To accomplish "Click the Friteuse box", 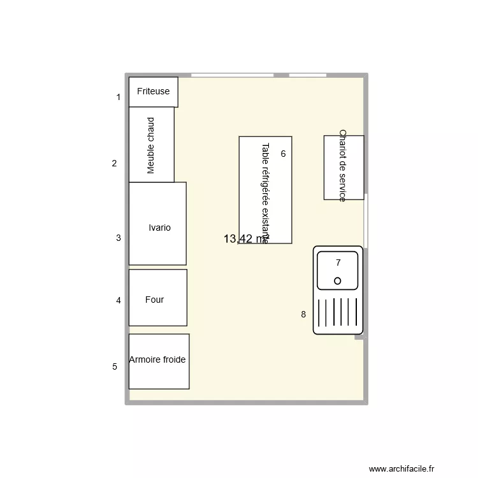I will (x=153, y=92).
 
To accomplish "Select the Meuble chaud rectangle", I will (x=151, y=145).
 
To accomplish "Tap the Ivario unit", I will (x=157, y=224).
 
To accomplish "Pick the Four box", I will (x=157, y=298).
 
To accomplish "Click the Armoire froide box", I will (x=159, y=361).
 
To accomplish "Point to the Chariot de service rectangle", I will (x=344, y=167).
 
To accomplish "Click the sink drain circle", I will (x=337, y=280).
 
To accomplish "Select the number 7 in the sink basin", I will (x=338, y=263).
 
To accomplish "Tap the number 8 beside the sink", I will (x=303, y=314).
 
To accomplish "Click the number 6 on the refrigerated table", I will (x=283, y=154).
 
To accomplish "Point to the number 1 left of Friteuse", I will (x=118, y=98).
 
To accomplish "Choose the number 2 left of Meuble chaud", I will (x=114, y=163).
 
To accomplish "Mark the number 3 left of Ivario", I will (x=118, y=238).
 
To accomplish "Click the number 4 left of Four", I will (x=118, y=300).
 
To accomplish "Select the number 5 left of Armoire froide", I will (x=115, y=366).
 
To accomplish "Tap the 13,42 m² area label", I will (x=246, y=239).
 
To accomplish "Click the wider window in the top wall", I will (x=232, y=75).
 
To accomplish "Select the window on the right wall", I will (x=366, y=220).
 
